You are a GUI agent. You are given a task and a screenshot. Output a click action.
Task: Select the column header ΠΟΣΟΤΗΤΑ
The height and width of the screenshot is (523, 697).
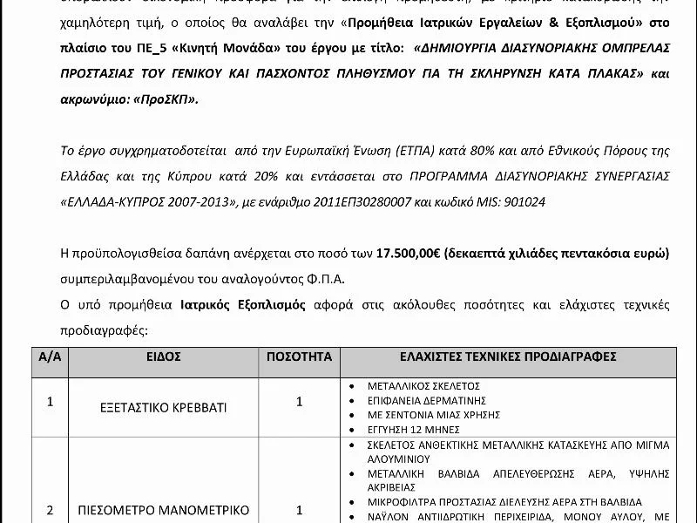299,357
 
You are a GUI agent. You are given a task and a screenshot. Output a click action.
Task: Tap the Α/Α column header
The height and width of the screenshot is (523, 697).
49,357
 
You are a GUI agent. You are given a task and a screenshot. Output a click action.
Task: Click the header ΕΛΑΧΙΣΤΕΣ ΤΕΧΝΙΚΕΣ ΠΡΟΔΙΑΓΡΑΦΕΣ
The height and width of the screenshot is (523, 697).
508,357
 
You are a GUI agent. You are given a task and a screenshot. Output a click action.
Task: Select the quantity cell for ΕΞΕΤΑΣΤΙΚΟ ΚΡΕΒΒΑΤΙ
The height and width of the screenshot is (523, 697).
299,402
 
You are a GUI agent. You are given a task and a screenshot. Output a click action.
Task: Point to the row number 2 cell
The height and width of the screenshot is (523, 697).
50,510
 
